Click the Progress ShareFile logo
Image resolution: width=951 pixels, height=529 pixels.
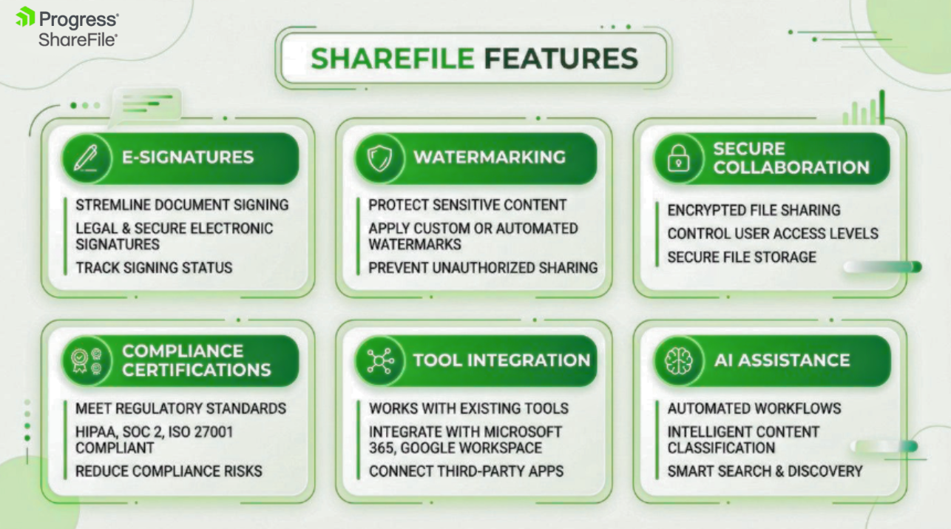tap(67, 27)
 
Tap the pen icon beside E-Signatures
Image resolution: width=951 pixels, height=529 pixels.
tap(86, 158)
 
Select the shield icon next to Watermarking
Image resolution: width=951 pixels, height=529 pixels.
tap(379, 158)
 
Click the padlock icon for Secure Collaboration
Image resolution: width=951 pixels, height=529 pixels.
tap(678, 158)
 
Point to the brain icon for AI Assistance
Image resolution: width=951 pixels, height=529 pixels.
tap(678, 361)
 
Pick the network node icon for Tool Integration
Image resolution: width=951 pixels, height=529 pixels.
tap(380, 361)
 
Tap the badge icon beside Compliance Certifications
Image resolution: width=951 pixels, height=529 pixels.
tap(87, 361)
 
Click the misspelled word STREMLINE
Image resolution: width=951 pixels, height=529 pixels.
tap(112, 205)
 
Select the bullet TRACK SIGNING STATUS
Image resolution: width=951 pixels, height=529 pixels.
tap(154, 268)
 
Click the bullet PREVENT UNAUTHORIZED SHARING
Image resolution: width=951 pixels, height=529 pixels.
tap(483, 268)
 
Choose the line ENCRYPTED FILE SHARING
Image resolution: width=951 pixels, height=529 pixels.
tap(754, 210)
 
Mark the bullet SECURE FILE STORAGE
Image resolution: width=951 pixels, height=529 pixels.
tap(742, 257)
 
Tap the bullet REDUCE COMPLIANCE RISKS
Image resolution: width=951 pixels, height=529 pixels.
tap(169, 471)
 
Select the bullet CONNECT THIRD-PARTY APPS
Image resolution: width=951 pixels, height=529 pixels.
tap(466, 471)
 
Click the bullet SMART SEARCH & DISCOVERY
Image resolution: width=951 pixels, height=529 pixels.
tap(765, 471)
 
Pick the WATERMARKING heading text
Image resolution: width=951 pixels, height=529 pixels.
tap(490, 157)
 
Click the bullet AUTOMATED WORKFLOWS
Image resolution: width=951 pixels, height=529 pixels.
tap(754, 408)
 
